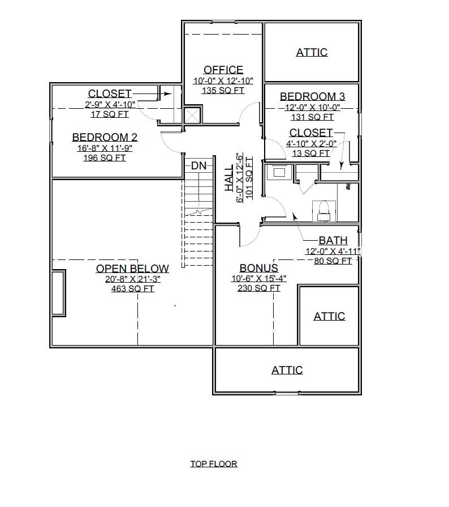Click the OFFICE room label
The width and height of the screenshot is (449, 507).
pos(223,70)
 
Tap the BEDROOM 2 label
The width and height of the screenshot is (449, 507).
pos(105,137)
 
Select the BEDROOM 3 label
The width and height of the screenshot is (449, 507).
pos(312,96)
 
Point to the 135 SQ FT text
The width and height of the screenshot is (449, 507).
pos(223,91)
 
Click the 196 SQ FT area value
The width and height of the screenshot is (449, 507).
pos(105,158)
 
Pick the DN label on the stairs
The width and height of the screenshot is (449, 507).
pos(198,165)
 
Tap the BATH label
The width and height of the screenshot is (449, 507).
pos(333,241)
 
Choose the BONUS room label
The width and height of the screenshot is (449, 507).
pos(258,268)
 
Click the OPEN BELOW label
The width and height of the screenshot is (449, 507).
pos(132,269)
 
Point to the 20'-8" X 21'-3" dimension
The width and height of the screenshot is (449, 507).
pos(132,279)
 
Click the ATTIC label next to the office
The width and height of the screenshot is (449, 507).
pos(312,52)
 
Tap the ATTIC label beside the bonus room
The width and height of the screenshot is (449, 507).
pos(329,316)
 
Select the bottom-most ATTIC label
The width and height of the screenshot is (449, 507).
pos(287,370)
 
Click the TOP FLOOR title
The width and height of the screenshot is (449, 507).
pos(213,463)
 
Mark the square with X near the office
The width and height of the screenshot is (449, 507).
pos(193,115)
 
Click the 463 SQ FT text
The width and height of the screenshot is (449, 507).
pos(132,289)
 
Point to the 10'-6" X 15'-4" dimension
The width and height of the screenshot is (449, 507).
pos(258,278)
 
